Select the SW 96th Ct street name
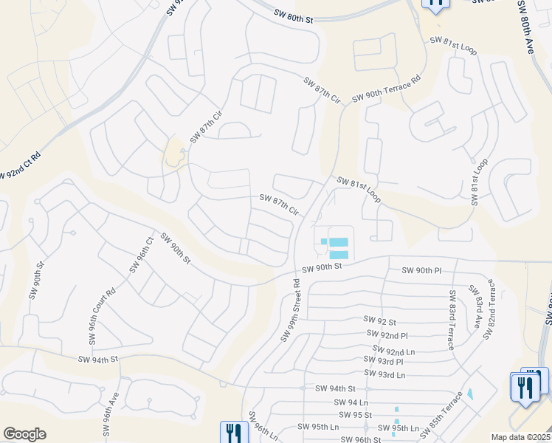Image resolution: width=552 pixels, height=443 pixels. coord(141,255)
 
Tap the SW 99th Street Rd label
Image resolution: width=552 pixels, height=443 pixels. coord(291,309)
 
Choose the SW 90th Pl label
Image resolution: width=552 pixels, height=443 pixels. coord(421,271)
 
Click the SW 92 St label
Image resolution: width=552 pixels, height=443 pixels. coord(380,321)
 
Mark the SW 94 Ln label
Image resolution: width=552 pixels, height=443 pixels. coord(351,402)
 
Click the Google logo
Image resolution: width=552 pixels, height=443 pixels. coord(24,434)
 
